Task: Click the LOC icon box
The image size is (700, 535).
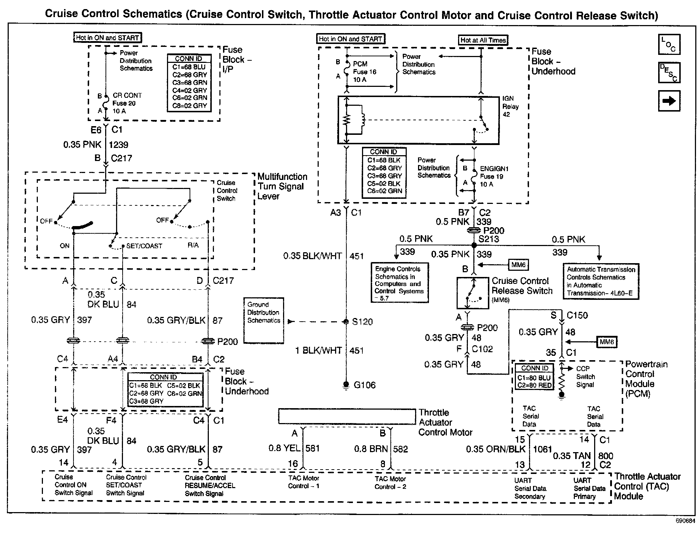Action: pos(669,44)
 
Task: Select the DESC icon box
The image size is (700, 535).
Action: pos(669,73)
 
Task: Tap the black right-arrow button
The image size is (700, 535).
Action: pos(669,101)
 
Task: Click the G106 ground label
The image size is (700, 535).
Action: pos(365,385)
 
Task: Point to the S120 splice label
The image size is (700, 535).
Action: pos(362,322)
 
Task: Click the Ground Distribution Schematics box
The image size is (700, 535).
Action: pos(264,321)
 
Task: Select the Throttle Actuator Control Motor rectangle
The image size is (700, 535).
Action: pos(347,417)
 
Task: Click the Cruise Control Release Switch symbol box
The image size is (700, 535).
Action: pos(473,293)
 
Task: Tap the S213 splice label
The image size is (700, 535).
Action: pos(489,239)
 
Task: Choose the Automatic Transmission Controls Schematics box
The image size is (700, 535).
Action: pos(601,281)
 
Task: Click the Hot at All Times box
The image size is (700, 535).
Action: pos(483,40)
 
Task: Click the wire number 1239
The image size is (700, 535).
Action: pos(119,145)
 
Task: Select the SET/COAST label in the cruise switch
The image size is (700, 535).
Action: pos(144,246)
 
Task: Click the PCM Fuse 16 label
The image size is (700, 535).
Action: pos(365,72)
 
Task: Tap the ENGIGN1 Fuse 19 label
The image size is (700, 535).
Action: pos(494,177)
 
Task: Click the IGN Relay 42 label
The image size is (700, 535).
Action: pos(510,106)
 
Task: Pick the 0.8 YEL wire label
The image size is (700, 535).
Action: pos(285,448)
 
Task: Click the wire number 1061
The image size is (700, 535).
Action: pos(542,450)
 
